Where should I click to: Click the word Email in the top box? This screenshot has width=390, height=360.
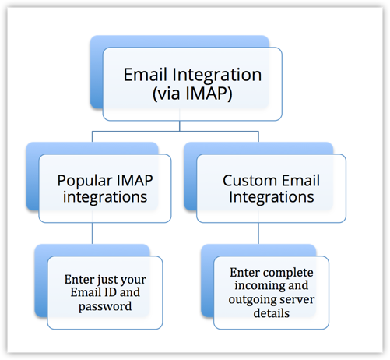(x=142, y=76)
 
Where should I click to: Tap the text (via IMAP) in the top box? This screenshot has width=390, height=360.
(x=191, y=93)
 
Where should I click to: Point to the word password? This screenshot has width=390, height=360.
(x=105, y=306)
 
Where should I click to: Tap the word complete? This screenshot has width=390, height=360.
(x=288, y=274)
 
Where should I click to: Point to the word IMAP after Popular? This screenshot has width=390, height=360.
(x=135, y=180)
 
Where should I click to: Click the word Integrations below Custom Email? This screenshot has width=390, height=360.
(x=270, y=197)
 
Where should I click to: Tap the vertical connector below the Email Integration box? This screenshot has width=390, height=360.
(x=180, y=126)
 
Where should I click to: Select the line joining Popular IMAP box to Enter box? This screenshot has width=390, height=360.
(x=93, y=233)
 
